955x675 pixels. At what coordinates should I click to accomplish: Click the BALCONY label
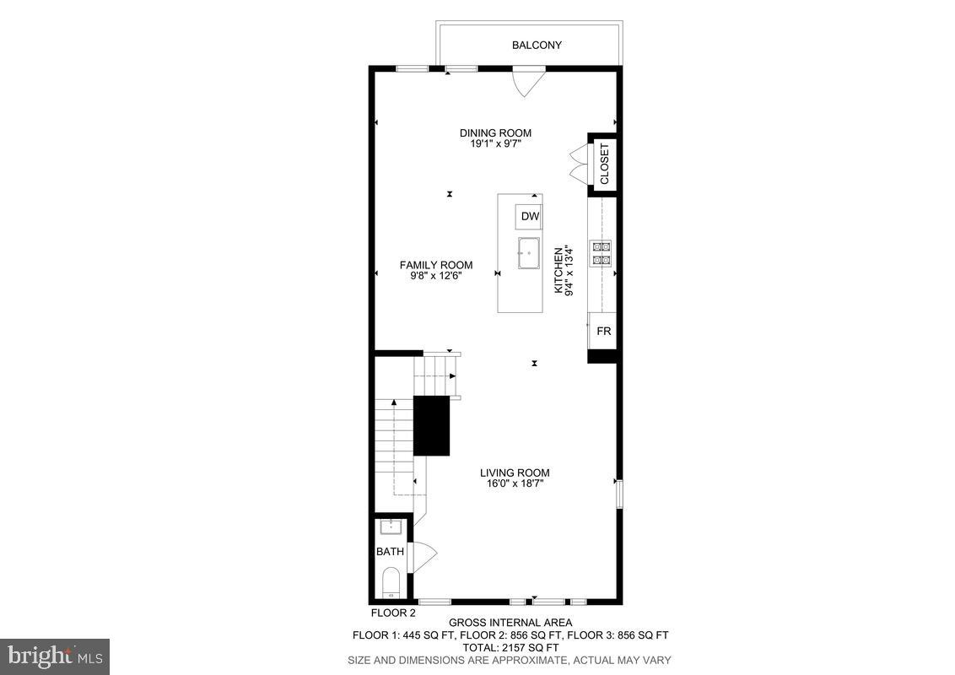click(537, 45)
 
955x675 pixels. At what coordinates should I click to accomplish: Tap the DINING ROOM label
click(495, 132)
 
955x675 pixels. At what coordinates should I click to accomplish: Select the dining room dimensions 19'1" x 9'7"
click(495, 144)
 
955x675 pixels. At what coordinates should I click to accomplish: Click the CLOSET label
click(604, 163)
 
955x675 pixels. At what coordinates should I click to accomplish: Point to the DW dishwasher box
click(530, 217)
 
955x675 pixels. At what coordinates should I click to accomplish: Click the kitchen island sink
click(529, 253)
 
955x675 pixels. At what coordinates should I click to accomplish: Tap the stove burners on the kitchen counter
click(602, 253)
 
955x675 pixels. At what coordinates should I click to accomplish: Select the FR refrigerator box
click(604, 332)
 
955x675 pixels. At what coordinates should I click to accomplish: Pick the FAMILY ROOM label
click(435, 265)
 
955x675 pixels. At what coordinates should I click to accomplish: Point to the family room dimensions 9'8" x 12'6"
click(435, 276)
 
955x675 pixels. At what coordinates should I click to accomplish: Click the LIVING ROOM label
click(515, 472)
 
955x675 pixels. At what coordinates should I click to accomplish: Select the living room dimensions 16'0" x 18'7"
click(515, 484)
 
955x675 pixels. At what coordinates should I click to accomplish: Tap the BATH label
click(390, 552)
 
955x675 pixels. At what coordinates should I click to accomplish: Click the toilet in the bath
click(390, 582)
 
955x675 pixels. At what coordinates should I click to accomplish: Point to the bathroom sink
click(390, 527)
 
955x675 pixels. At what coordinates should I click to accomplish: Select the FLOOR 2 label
click(394, 613)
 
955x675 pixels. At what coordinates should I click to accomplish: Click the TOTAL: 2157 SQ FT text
click(510, 647)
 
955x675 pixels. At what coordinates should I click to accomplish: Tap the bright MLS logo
click(55, 656)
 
